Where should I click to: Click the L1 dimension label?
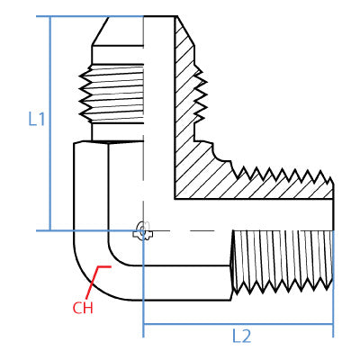click(37, 119)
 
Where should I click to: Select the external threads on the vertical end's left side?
click(88, 99)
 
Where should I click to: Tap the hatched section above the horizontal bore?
click(261, 184)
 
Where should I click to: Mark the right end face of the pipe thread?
click(332, 261)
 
